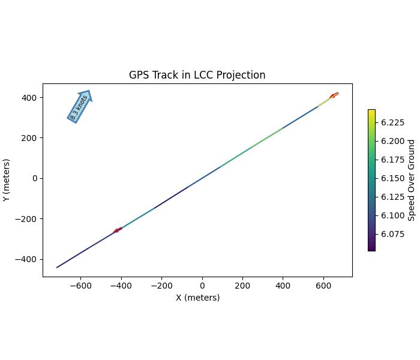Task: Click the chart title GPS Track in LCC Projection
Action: point(197,75)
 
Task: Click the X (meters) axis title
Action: point(197,298)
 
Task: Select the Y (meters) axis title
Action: point(7,180)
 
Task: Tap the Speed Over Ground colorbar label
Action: point(412,180)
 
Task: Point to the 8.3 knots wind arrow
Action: point(80,106)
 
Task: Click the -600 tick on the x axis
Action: point(80,285)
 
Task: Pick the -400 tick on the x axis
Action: point(121,285)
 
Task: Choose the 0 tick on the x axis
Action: point(202,285)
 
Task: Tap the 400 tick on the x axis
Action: point(283,285)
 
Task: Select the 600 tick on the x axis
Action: point(324,285)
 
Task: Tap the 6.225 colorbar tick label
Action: point(392,122)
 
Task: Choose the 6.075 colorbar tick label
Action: point(392,234)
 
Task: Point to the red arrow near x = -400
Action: point(118,230)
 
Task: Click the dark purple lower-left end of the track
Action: point(58,267)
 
